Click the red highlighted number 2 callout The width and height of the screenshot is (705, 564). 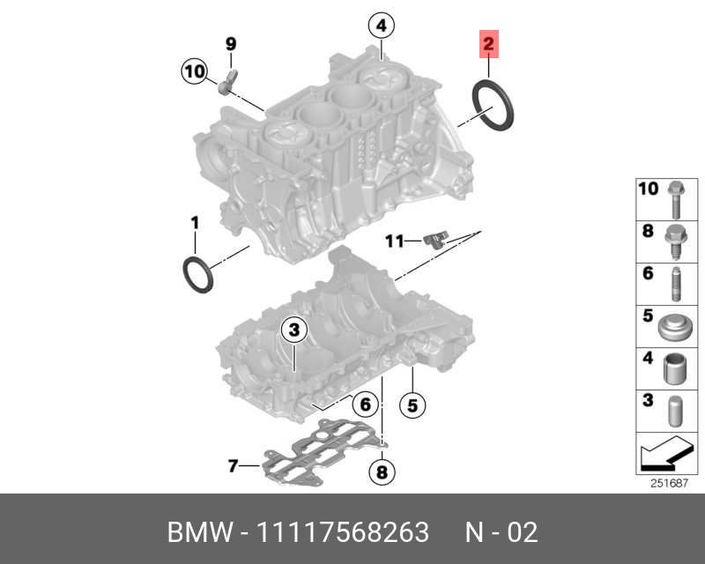click(489, 42)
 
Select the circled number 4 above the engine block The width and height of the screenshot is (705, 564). click(381, 26)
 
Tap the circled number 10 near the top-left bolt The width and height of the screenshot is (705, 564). click(195, 70)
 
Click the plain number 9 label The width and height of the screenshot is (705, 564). click(231, 43)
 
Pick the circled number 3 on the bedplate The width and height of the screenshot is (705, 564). click(293, 330)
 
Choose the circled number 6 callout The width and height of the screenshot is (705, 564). click(365, 404)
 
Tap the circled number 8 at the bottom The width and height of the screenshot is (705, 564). click(381, 473)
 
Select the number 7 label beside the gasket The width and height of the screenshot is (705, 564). click(233, 465)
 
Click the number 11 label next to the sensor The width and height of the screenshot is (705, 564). click(393, 240)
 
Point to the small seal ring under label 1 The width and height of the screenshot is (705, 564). click(198, 274)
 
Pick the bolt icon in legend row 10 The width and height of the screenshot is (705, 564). click(674, 198)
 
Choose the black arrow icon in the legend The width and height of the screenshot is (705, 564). click(663, 455)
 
